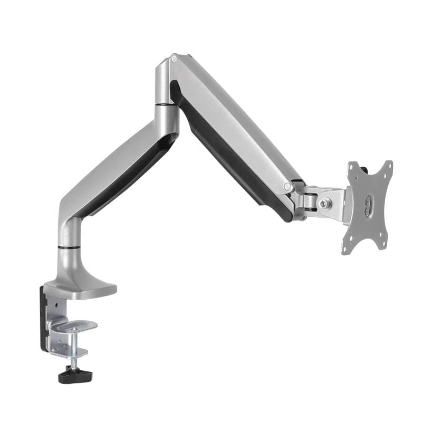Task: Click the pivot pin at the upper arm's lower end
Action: pyautogui.click(x=287, y=187)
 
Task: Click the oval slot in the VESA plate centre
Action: pyautogui.click(x=368, y=205)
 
